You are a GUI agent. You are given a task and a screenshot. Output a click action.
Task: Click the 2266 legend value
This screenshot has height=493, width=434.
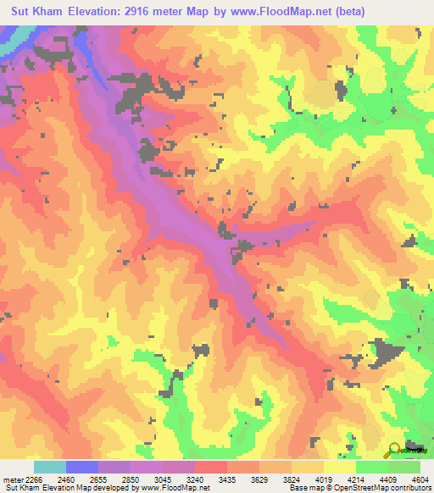pos(32,479)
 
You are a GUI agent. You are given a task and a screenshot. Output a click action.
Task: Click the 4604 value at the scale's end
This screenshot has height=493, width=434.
pos(420,479)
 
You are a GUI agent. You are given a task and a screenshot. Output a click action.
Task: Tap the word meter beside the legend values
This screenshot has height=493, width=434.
pos(11,479)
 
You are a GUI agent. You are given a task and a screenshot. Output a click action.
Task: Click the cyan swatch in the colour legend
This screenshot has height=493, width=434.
pos(50,467)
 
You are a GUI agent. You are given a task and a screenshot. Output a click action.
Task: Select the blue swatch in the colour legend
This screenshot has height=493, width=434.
pos(82,467)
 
